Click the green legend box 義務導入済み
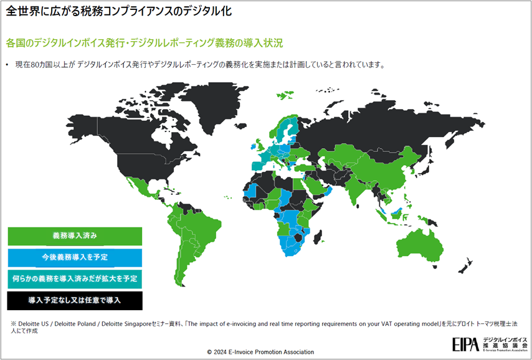(x=75, y=236)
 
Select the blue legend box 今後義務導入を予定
(x=75, y=257)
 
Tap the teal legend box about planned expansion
(x=75, y=278)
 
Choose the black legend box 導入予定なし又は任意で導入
(x=75, y=300)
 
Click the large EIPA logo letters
(x=466, y=343)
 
